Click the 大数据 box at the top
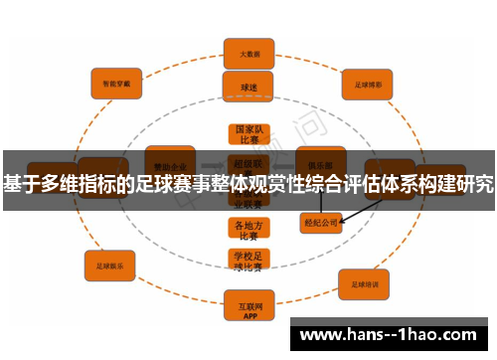click(248, 54)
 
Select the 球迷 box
click(248, 87)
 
